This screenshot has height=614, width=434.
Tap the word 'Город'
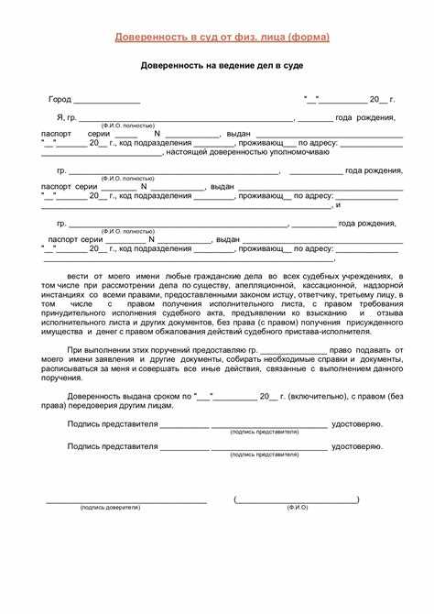pos(60,99)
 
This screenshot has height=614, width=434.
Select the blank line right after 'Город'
pos(106,101)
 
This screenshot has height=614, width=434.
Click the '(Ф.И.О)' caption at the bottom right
pos(297,507)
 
